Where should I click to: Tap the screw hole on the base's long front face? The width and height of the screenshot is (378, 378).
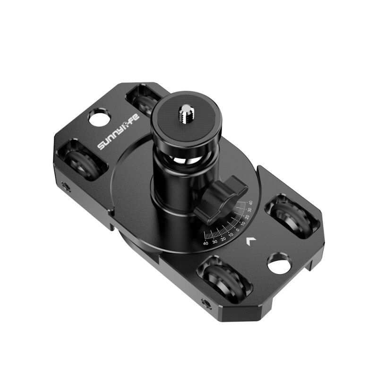point(206,302)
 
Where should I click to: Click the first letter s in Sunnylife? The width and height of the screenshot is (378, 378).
point(101,146)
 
